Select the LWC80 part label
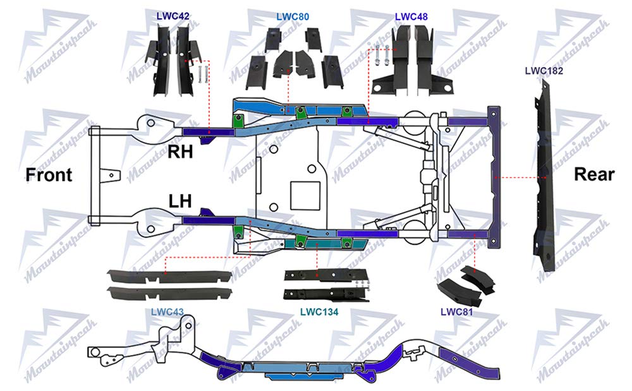[293, 16]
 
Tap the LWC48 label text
[411, 16]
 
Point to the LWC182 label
[544, 70]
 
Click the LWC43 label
[167, 311]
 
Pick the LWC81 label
[457, 311]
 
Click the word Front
[49, 175]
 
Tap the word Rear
[593, 175]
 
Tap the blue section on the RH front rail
[204, 131]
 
